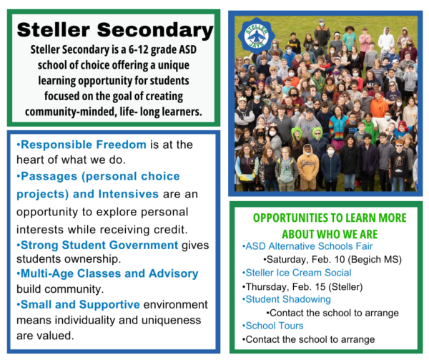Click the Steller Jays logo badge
pyautogui.click(x=257, y=36)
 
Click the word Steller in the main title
pyautogui.click(x=54, y=29)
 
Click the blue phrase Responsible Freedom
pyautogui.click(x=84, y=145)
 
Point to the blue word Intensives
pyautogui.click(x=128, y=194)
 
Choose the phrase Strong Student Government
pyautogui.click(x=99, y=245)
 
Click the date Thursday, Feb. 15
pyautogui.click(x=285, y=287)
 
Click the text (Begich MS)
pyautogui.click(x=375, y=260)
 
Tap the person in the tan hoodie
pyautogui.click(x=307, y=167)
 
